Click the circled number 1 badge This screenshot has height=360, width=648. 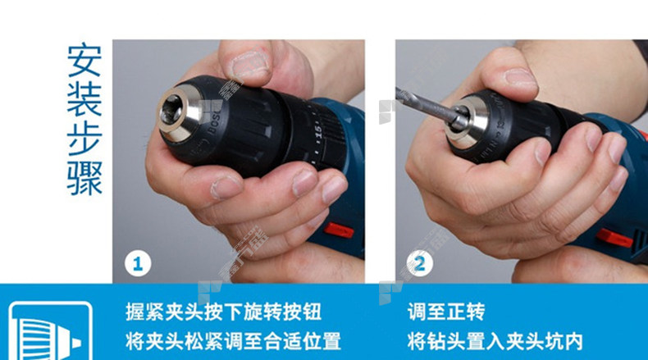tap(138, 263)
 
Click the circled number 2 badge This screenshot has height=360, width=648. tap(419, 263)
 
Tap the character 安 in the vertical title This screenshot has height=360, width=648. tap(84, 61)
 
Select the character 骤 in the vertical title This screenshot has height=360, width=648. tap(84, 178)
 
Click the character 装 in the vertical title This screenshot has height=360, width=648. tap(84, 99)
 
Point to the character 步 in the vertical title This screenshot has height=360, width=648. tap(84, 139)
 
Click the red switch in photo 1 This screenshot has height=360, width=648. tap(339, 230)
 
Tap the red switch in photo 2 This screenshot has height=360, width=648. tap(614, 238)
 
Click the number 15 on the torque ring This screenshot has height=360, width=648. tap(317, 132)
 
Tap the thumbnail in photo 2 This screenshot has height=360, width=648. tap(519, 78)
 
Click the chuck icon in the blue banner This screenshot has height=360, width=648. tap(50, 331)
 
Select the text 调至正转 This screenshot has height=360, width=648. tap(446, 312)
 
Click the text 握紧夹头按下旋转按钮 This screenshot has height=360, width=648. tap(224, 312)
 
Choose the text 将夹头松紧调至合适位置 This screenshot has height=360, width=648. tap(233, 342)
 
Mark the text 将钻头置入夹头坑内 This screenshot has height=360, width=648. tap(495, 342)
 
